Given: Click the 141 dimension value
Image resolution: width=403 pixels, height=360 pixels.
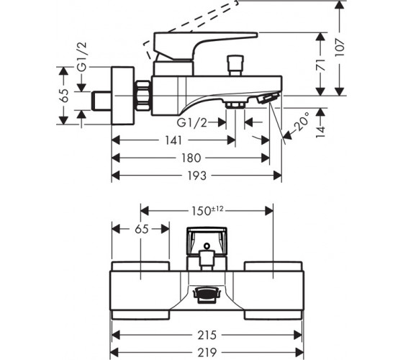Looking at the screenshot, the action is pos(173,140).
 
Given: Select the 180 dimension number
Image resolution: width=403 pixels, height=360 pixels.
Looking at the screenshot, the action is pos(191,158).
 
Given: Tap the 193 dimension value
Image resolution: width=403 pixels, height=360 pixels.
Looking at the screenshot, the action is pos(196,176).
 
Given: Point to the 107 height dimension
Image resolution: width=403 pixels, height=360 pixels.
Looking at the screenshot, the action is pos(340,48).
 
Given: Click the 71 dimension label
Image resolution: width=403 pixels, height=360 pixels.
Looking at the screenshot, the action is pos(320,65).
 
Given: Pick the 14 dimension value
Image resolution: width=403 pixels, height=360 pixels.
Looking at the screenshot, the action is pos(320,132).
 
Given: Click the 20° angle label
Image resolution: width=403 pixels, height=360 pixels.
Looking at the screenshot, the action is pos(302,122).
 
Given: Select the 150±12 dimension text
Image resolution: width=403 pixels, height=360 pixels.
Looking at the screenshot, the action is pos(207,211).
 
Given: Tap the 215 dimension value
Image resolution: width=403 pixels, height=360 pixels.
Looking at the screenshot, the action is pos(207,335).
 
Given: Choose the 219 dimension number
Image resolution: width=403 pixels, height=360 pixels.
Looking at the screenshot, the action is pos(207,352).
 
